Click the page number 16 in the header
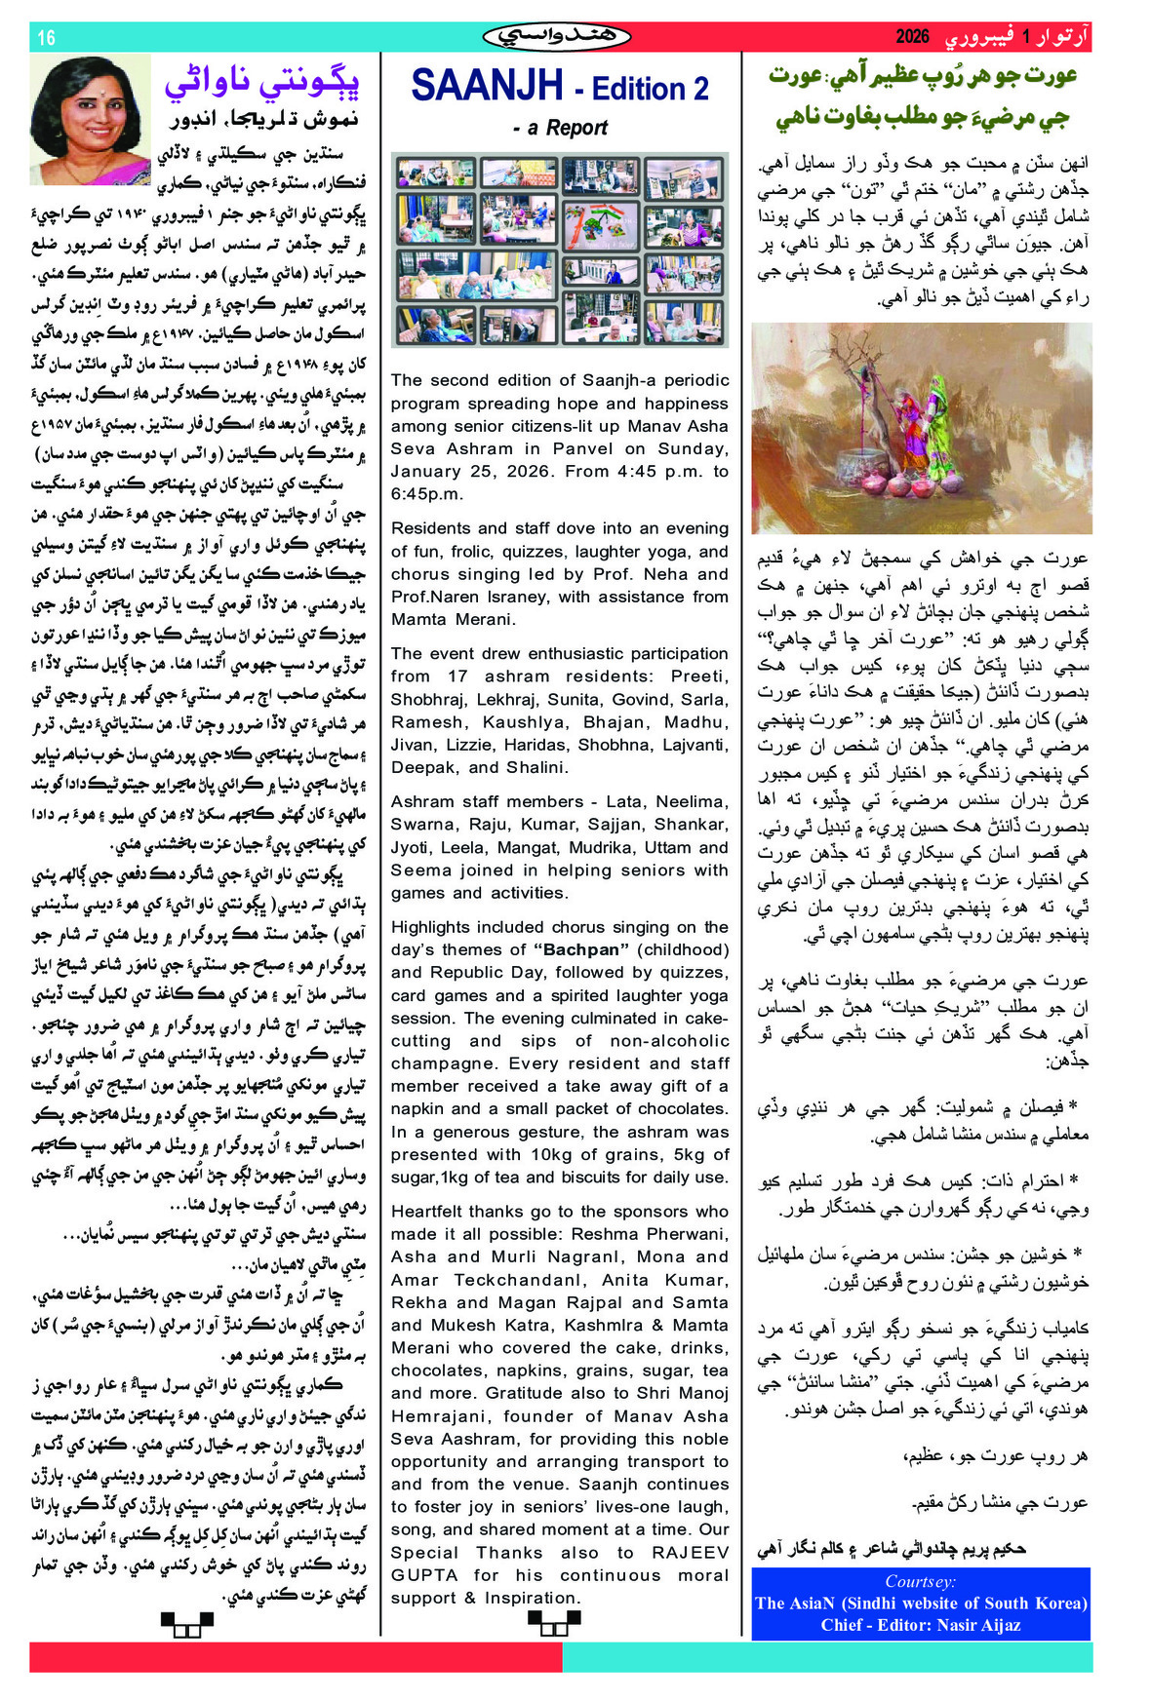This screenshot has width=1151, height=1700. pyautogui.click(x=46, y=38)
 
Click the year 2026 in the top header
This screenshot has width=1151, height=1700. pyautogui.click(x=912, y=37)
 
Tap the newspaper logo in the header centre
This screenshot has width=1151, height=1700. pyautogui.click(x=557, y=37)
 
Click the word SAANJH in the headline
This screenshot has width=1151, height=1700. pyautogui.click(x=487, y=86)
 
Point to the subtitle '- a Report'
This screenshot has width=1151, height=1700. pyautogui.click(x=560, y=128)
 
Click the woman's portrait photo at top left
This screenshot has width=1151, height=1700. pyautogui.click(x=90, y=119)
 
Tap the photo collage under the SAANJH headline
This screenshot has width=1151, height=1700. pyautogui.click(x=560, y=250)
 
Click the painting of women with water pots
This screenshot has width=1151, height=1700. pyautogui.click(x=921, y=429)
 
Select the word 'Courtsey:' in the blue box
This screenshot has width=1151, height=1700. pyautogui.click(x=920, y=1581)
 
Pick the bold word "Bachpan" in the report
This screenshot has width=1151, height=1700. pyautogui.click(x=581, y=949)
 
